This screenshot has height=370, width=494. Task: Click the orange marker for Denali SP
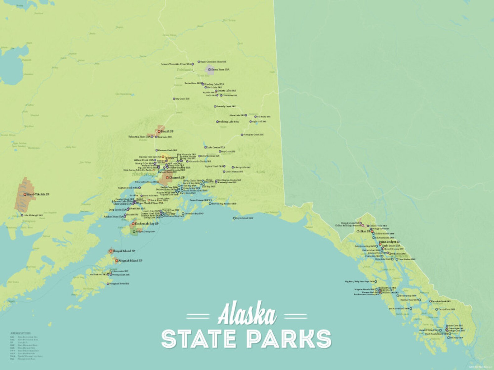159,131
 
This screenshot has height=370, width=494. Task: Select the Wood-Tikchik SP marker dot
25,194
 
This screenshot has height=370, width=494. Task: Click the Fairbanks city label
185,70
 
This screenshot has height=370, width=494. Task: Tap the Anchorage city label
144,174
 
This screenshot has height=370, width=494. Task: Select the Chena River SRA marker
209,70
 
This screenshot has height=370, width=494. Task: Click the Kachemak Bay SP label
147,223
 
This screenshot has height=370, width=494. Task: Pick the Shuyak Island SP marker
111,251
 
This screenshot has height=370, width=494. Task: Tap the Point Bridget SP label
389,242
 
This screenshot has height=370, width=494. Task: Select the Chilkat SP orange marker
372,231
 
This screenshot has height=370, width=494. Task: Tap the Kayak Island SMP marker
234,218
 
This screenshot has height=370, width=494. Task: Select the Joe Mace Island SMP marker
411,309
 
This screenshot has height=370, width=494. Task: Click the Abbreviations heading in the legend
21,333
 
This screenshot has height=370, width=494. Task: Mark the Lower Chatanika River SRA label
176,64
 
